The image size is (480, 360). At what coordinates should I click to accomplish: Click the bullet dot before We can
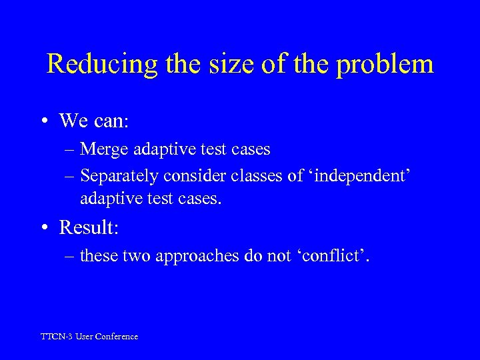pyautogui.click(x=43, y=121)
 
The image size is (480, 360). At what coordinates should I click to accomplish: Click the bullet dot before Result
pyautogui.click(x=43, y=228)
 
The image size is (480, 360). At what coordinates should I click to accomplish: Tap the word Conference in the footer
pyautogui.click(x=116, y=337)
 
